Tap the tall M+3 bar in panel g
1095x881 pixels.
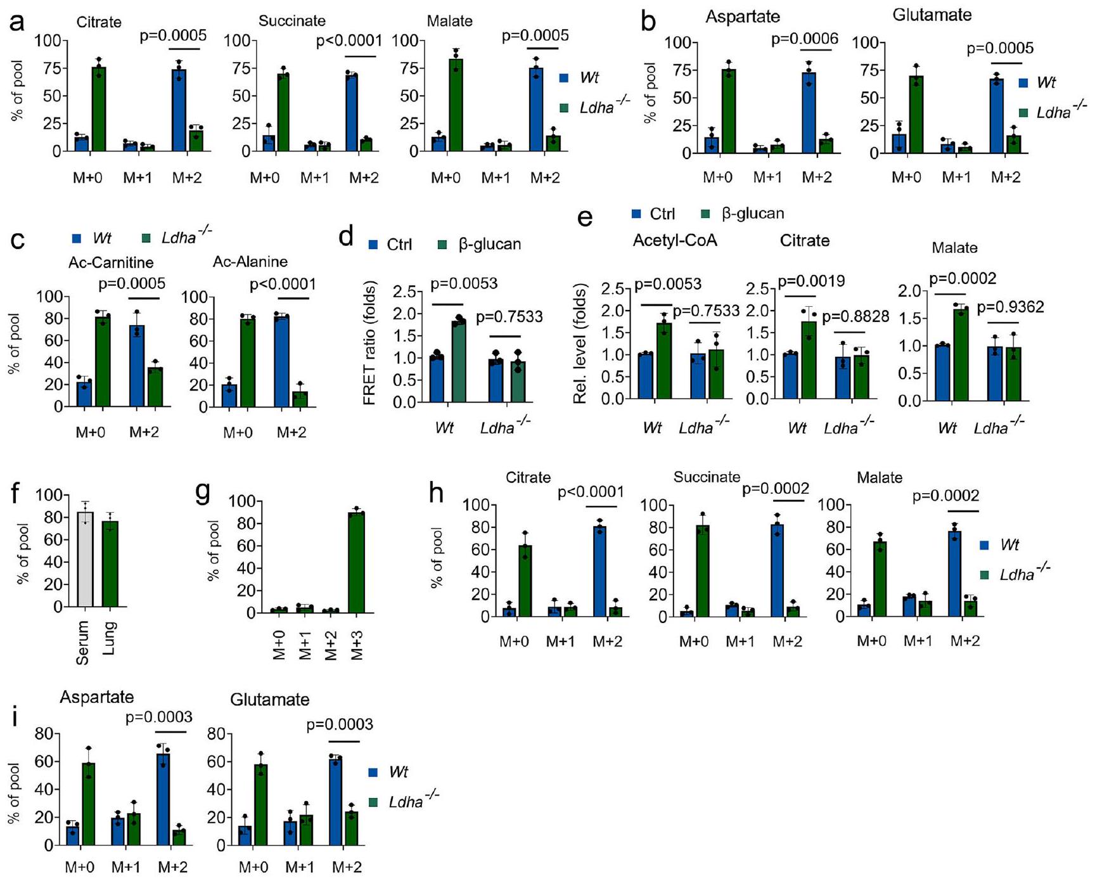click(x=357, y=562)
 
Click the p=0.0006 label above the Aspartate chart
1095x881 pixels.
click(x=804, y=39)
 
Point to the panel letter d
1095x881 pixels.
click(x=346, y=237)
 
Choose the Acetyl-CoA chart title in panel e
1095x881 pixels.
click(x=675, y=241)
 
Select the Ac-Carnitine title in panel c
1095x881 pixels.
click(x=111, y=262)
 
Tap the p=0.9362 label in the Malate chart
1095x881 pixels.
click(x=1010, y=307)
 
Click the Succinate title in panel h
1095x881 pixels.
click(x=707, y=477)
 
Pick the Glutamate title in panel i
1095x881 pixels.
click(x=269, y=700)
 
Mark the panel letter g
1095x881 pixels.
click(x=203, y=492)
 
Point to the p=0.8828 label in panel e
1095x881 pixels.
click(x=855, y=316)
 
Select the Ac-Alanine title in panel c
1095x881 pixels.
click(x=250, y=262)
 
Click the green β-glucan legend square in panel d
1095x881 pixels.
click(x=442, y=245)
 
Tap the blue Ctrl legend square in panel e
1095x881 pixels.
click(x=636, y=214)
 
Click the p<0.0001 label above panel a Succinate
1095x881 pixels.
click(x=349, y=41)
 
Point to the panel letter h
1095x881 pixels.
click(x=437, y=492)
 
